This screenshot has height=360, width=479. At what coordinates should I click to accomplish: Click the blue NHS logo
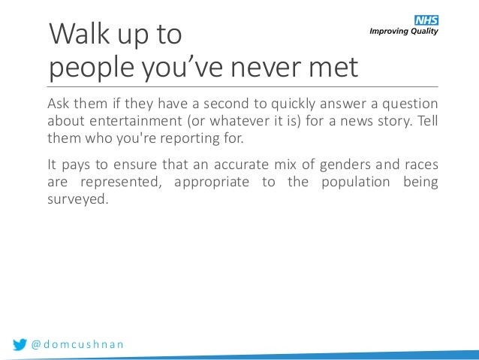(x=426, y=19)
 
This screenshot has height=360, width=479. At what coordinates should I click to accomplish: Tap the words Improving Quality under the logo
(x=402, y=31)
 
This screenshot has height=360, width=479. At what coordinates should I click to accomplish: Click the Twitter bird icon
(x=20, y=344)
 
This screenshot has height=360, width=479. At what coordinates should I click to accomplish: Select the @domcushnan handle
(x=77, y=344)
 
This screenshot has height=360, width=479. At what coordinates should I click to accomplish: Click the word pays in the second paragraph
(x=77, y=164)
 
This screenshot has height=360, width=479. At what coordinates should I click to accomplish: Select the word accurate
(x=226, y=164)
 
